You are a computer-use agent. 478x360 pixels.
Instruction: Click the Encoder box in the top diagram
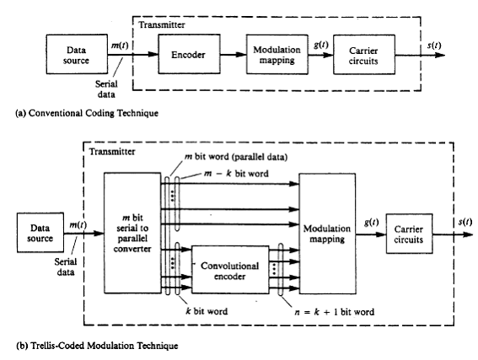click(x=189, y=54)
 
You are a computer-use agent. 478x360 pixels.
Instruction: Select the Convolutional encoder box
click(x=230, y=270)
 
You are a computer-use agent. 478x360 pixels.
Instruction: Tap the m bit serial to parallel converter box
click(x=132, y=234)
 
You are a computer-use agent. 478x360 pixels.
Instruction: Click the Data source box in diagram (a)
click(x=77, y=54)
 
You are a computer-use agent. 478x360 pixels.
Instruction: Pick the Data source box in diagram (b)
click(x=40, y=233)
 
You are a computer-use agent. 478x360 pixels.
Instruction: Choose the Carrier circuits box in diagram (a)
click(x=364, y=55)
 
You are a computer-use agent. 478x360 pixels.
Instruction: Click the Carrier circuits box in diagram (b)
click(x=409, y=234)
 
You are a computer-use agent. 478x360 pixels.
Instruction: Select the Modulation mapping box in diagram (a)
click(x=277, y=54)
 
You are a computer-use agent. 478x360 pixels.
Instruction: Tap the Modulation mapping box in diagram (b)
click(x=327, y=234)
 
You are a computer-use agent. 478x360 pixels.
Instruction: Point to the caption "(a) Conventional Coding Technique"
click(x=87, y=113)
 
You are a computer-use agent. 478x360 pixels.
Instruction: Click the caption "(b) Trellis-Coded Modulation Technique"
click(x=97, y=346)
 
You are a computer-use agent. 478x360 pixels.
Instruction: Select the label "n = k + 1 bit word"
click(x=335, y=312)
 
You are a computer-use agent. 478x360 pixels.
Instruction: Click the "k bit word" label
click(x=207, y=311)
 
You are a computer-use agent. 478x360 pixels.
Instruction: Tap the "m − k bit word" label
click(x=236, y=174)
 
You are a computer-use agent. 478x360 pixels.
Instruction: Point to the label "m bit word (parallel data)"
click(x=236, y=157)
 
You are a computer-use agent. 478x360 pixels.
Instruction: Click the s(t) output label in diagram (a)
click(x=434, y=46)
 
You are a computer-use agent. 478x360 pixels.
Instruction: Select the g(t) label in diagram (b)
click(x=371, y=223)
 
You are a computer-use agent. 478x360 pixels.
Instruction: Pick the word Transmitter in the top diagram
click(x=162, y=24)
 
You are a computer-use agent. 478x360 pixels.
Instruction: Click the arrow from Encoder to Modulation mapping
click(x=234, y=55)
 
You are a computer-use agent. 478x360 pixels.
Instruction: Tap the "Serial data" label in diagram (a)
click(x=106, y=89)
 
